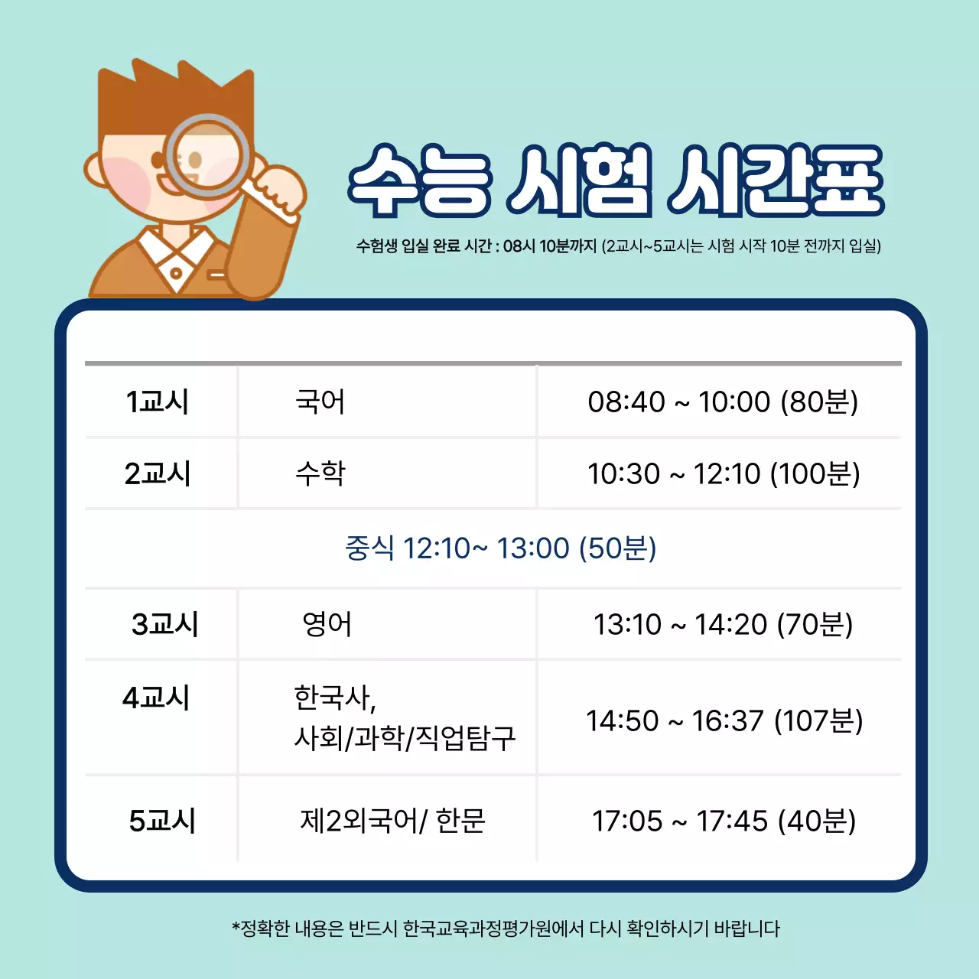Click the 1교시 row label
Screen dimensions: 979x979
pos(158,402)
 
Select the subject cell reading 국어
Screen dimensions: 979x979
pos(320,402)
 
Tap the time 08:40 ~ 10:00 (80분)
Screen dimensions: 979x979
pos(723,402)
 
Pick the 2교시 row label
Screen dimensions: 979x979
pos(158,474)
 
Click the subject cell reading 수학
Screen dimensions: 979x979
pos(320,474)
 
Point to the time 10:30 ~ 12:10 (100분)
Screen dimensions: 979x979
pos(723,474)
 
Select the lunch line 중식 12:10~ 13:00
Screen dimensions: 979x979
pos(500,548)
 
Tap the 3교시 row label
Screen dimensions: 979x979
pos(164,625)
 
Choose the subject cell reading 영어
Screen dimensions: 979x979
pos(327,625)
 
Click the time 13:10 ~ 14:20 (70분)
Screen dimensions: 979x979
pos(723,625)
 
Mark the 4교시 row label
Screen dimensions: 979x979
pos(156,698)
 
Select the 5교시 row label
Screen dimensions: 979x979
pos(162,821)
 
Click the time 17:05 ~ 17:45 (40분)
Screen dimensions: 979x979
pos(724,821)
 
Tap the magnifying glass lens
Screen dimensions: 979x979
pos(208,155)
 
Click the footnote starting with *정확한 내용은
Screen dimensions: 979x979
pos(506,929)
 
